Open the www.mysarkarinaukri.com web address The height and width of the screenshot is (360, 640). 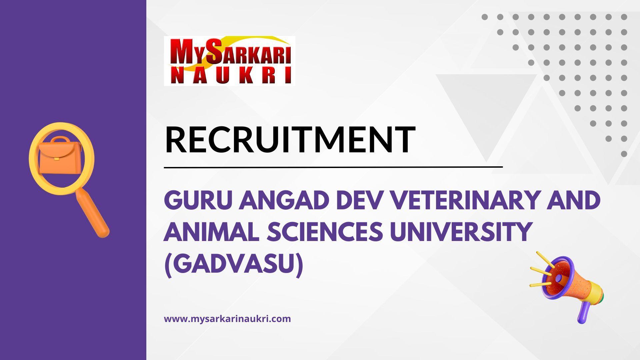click(x=227, y=319)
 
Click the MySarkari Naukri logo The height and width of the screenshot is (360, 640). click(x=229, y=61)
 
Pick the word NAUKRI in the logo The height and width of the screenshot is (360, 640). click(x=230, y=76)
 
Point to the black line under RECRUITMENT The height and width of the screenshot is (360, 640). click(x=333, y=167)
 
